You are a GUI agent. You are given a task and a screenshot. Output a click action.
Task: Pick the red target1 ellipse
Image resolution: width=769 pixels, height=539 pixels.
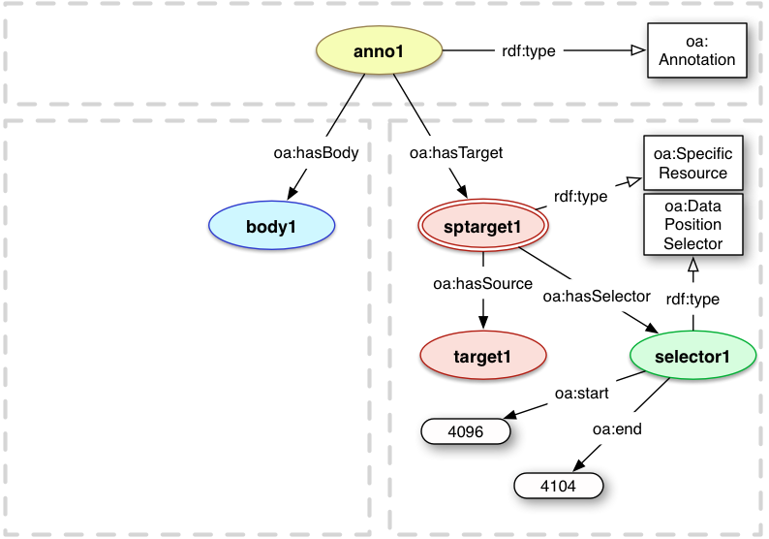[483, 356]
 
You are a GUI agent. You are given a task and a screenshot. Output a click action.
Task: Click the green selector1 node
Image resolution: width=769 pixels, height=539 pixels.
[692, 356]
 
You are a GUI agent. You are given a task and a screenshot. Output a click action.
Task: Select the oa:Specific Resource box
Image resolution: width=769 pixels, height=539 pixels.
[692, 163]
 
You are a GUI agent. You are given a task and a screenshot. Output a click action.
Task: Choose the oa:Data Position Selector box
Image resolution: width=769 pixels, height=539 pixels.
[692, 224]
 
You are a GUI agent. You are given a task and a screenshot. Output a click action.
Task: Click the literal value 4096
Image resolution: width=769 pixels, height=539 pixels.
[465, 430]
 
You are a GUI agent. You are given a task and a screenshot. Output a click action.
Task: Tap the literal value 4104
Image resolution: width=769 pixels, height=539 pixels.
[557, 486]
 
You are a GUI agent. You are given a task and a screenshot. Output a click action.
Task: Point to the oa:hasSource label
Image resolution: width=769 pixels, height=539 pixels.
[482, 283]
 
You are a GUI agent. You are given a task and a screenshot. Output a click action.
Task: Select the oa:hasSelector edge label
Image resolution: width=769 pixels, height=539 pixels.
[596, 297]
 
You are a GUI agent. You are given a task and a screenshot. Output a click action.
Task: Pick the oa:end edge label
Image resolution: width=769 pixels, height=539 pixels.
[616, 428]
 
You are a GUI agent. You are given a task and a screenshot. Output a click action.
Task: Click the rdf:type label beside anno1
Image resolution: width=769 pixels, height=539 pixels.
[529, 50]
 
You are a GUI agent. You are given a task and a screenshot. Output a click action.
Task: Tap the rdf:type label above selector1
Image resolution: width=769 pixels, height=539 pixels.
[692, 300]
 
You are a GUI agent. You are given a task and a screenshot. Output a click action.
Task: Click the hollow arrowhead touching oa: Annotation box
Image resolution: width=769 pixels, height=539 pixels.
[637, 50]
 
